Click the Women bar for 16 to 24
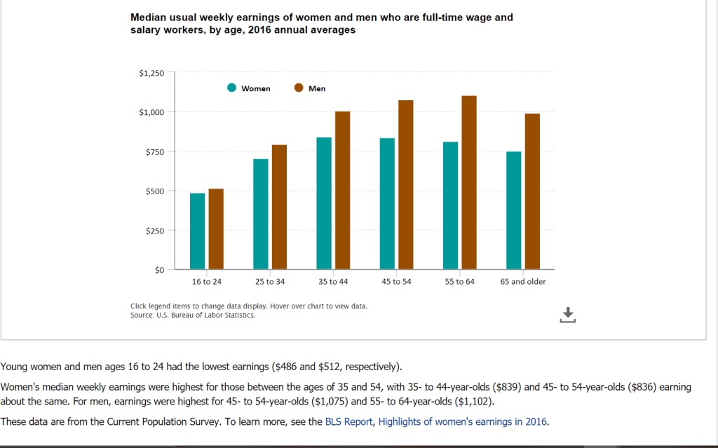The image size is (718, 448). [198, 231]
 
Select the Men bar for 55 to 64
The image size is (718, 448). [469, 182]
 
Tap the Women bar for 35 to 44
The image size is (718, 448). [324, 203]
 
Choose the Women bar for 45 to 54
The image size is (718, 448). [387, 203]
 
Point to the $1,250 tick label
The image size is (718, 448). [152, 73]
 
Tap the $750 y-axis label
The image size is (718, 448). [155, 151]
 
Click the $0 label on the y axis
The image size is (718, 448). [159, 270]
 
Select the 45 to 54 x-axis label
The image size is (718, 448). [396, 282]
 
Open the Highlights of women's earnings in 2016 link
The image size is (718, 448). [463, 421]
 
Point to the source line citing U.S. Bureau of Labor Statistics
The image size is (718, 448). [193, 315]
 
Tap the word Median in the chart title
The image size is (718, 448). [149, 17]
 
